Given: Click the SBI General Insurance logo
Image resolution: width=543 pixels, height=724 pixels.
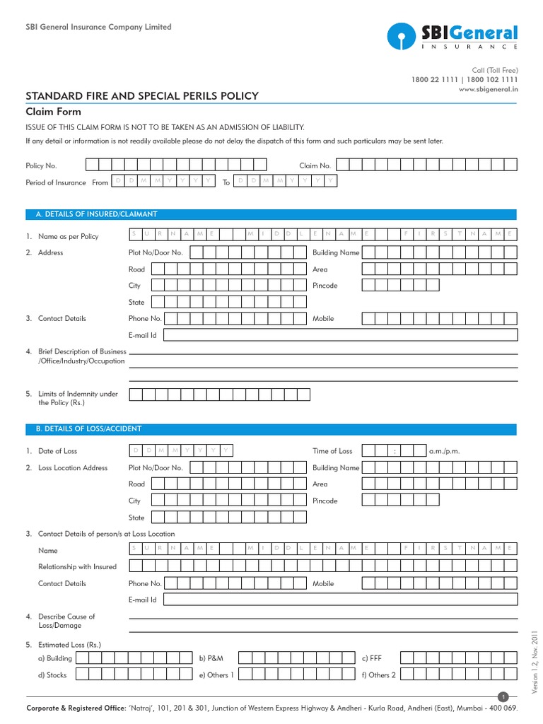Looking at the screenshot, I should click(x=452, y=36).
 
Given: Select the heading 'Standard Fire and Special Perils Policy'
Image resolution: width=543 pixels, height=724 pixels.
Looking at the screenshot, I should click(x=141, y=96).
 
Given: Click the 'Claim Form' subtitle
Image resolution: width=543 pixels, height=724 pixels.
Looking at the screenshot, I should click(x=53, y=112).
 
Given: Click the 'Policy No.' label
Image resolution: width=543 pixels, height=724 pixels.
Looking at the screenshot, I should click(x=41, y=165).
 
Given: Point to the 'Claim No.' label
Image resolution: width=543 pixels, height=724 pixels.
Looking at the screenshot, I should click(x=315, y=165).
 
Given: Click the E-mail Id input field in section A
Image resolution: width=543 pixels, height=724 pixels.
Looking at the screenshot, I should click(x=340, y=335).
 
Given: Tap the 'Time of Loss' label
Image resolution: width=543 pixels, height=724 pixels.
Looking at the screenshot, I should click(x=332, y=451).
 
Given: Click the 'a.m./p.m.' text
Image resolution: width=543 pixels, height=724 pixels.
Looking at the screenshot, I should click(x=445, y=451).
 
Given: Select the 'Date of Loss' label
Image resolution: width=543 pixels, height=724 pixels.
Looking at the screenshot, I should click(x=57, y=451).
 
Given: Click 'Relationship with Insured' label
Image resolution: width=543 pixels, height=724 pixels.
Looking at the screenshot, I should click(x=77, y=567).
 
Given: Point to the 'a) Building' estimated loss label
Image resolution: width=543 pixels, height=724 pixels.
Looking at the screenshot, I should click(x=54, y=658).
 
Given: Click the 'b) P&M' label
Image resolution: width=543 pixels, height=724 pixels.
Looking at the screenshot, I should click(x=211, y=658).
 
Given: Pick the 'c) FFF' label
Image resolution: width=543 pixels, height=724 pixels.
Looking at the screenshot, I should click(x=371, y=658).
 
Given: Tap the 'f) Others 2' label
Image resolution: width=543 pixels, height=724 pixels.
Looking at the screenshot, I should click(x=378, y=675).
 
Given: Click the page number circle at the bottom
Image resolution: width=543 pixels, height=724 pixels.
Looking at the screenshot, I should click(x=503, y=697).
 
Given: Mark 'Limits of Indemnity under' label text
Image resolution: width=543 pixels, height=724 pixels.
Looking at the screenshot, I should click(x=78, y=394).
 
